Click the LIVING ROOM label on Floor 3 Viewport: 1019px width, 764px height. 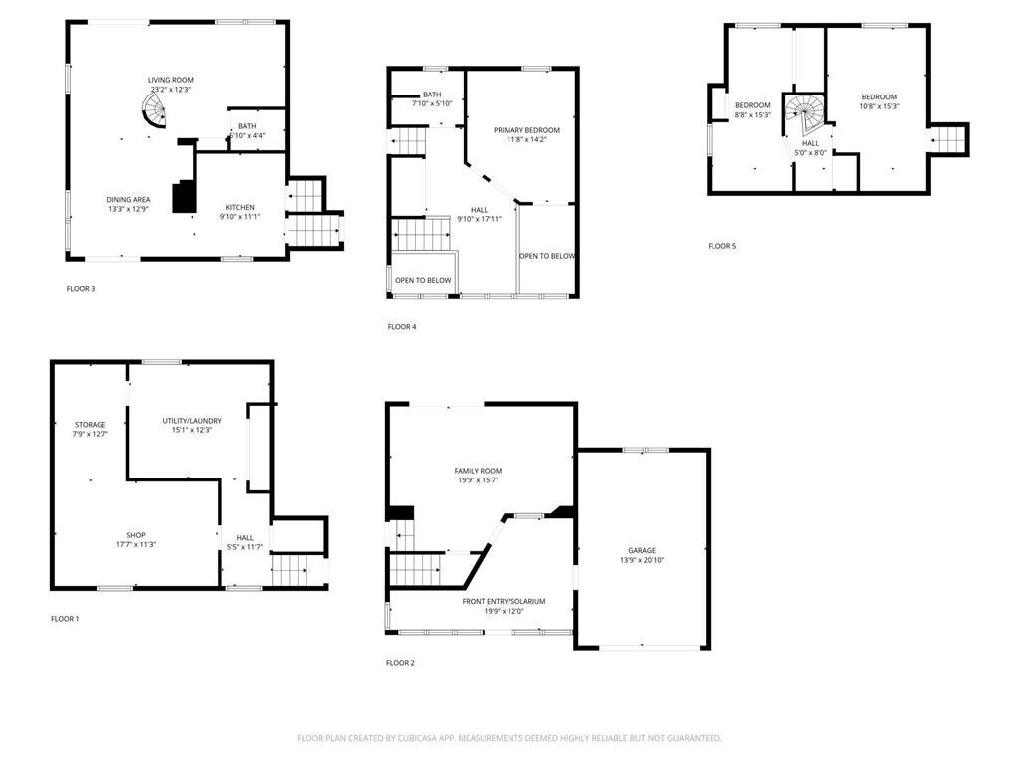(171, 80)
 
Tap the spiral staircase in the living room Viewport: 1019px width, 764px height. (154, 108)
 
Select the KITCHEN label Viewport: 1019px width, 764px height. (239, 207)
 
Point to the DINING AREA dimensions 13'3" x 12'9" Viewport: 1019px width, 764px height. (128, 209)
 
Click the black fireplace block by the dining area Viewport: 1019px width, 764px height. (184, 196)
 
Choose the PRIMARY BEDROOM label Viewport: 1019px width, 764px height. (526, 130)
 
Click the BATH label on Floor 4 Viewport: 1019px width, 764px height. (432, 95)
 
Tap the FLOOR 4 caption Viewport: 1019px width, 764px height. (402, 326)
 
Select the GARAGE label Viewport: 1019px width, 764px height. (642, 550)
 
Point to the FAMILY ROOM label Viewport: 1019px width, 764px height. (478, 471)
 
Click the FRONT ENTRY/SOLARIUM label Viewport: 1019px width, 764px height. (504, 601)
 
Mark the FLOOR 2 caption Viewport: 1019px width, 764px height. (400, 662)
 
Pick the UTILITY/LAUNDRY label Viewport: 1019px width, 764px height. (192, 421)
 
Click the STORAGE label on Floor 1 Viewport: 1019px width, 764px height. (90, 425)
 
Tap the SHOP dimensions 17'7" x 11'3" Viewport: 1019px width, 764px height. (136, 544)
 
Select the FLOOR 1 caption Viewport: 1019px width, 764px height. (65, 619)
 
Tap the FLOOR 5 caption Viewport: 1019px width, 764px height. (722, 246)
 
